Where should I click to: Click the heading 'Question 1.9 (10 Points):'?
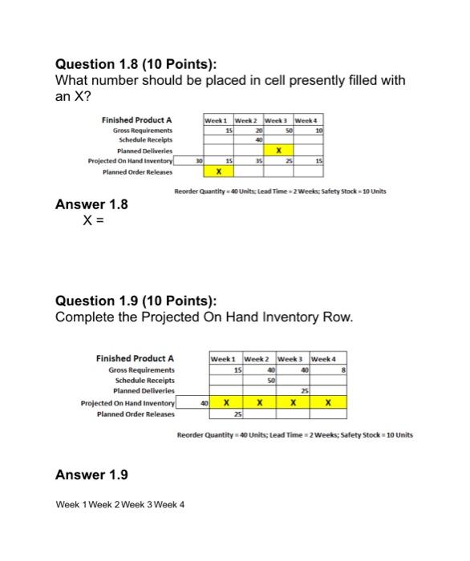[133, 301]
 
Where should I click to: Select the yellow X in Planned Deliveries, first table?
[278, 150]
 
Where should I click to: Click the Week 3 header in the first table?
[278, 120]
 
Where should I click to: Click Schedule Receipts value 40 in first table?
[258, 139]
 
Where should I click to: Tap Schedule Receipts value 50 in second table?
[270, 380]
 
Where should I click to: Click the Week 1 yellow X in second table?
[227, 403]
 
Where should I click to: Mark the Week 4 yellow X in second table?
[328, 403]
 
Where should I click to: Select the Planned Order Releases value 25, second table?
[237, 414]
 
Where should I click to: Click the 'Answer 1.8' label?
[91, 204]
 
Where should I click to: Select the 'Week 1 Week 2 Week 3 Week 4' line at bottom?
[120, 505]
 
